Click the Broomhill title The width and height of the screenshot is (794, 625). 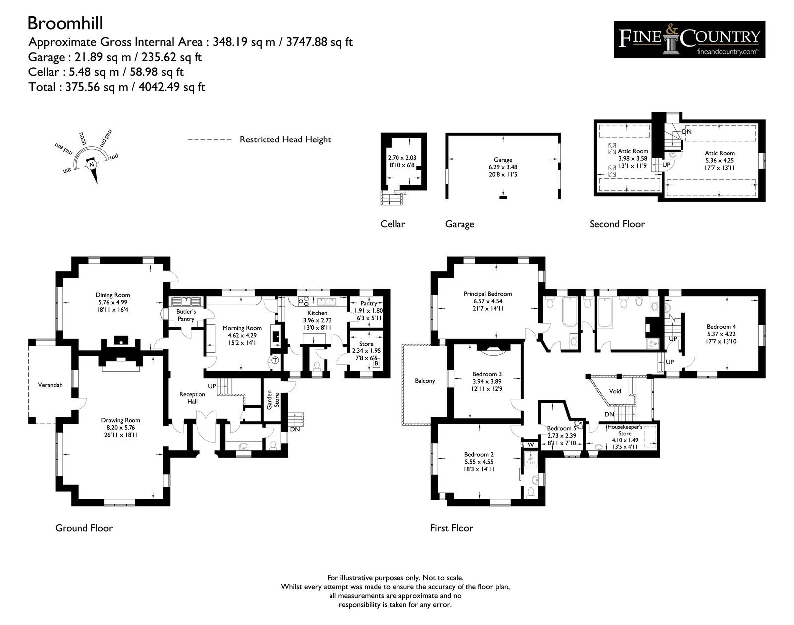tap(66, 23)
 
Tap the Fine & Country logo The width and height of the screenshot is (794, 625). tap(689, 40)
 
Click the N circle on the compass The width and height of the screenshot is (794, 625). tap(92, 164)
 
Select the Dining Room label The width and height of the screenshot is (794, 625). tap(113, 295)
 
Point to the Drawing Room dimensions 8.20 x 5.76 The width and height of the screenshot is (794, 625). tap(121, 428)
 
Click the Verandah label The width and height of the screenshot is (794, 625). tap(50, 385)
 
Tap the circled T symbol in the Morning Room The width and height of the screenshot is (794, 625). tap(275, 360)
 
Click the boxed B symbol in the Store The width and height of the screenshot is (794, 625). tap(376, 363)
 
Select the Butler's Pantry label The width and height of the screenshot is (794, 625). tap(186, 315)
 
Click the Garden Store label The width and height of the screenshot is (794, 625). tap(273, 400)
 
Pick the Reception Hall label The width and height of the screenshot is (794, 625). tap(192, 398)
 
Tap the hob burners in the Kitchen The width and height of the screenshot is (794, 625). tap(303, 302)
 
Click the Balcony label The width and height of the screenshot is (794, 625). tap(425, 381)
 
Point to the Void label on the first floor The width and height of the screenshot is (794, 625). tap(615, 391)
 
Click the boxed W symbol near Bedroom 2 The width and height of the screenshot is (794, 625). tap(530, 444)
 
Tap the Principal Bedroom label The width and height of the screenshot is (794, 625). tap(488, 294)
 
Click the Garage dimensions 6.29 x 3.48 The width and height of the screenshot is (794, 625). tap(503, 167)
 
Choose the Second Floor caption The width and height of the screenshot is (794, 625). tap(617, 224)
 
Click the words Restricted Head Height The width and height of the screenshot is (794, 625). tap(285, 139)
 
